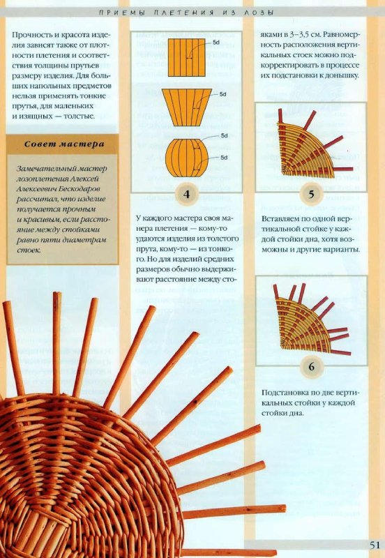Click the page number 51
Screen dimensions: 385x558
375,545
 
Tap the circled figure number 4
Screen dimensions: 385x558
186,194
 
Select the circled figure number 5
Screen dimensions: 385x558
311,195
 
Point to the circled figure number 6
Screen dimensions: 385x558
311,366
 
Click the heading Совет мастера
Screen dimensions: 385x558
64,144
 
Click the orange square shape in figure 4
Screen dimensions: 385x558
186,58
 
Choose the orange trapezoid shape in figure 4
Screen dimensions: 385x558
187,107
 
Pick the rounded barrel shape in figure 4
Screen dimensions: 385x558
186,158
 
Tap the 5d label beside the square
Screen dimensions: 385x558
216,43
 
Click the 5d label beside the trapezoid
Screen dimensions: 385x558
222,94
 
